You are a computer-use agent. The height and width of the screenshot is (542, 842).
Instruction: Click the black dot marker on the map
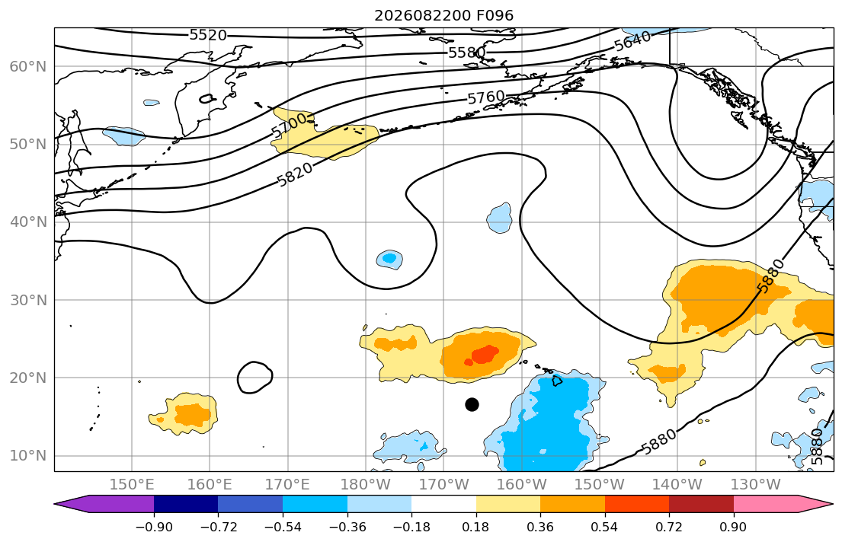472,404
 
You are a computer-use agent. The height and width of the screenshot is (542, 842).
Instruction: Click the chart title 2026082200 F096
443,15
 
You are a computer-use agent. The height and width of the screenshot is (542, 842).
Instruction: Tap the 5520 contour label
208,36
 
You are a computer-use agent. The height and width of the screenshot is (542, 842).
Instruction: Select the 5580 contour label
466,53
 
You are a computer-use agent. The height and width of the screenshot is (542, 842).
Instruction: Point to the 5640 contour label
632,41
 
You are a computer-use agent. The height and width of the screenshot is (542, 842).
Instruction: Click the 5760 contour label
486,97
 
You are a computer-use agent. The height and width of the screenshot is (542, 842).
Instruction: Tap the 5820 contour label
295,174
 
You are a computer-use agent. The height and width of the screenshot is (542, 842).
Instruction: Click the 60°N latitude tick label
28,66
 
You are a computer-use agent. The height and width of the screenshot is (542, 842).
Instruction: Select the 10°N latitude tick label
28,456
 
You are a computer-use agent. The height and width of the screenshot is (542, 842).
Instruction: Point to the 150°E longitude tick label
132,485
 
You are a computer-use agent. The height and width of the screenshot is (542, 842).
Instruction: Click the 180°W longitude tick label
366,485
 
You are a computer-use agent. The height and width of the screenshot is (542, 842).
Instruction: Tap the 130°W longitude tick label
756,485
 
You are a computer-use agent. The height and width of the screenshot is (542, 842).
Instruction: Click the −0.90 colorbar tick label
154,527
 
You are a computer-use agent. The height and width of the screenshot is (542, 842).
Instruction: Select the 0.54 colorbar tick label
605,527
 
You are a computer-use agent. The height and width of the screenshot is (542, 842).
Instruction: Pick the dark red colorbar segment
701,504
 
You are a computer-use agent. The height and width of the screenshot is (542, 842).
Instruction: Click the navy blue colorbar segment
186,504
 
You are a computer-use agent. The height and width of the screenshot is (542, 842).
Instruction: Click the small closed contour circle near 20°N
255,378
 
